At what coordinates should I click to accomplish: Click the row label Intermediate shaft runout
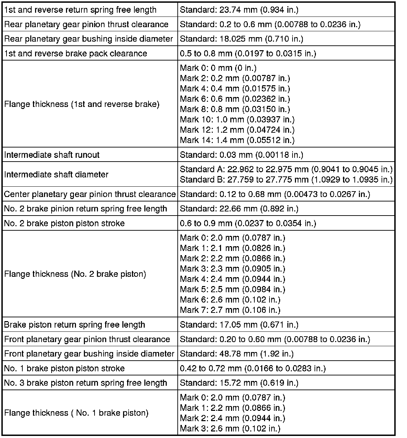(52, 155)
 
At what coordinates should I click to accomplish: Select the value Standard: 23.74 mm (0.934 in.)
(239, 10)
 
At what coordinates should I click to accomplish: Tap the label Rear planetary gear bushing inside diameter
(88, 39)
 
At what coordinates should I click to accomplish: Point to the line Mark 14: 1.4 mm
(237, 140)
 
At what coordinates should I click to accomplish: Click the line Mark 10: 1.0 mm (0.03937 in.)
(237, 119)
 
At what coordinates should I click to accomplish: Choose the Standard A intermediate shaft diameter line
(286, 169)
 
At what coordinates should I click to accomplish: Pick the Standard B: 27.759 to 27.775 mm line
(286, 179)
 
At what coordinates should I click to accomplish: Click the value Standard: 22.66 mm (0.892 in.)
(239, 209)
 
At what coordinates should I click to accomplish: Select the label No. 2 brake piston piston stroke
(64, 223)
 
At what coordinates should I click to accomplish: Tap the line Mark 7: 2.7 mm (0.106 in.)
(230, 310)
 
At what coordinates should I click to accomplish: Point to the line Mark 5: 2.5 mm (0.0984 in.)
(232, 289)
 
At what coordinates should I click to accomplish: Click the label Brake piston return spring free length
(75, 325)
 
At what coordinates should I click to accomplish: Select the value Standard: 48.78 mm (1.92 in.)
(237, 354)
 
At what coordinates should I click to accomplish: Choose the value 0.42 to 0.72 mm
(253, 368)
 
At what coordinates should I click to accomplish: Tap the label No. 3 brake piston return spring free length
(86, 383)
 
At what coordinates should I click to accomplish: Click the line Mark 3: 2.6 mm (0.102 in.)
(230, 428)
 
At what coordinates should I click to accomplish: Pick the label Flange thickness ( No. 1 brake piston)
(76, 413)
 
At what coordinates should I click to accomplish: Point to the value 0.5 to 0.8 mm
(248, 53)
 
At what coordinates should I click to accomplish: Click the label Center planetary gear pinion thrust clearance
(90, 194)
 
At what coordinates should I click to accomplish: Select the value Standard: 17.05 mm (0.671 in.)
(239, 325)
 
